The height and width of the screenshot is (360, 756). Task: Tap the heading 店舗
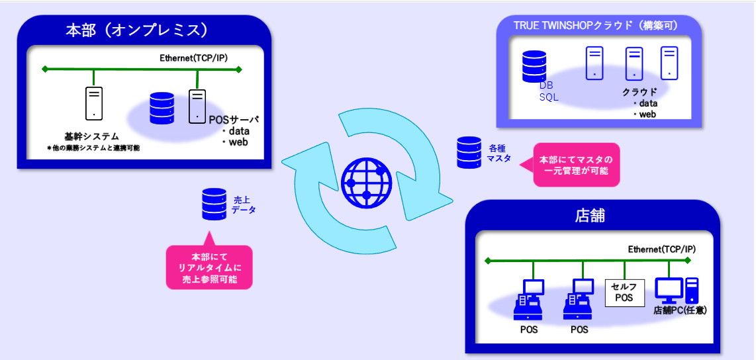(x=591, y=216)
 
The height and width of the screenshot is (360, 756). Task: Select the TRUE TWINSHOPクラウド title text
(x=599, y=25)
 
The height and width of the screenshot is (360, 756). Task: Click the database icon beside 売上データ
(x=214, y=204)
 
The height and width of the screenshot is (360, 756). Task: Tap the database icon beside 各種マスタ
(x=469, y=152)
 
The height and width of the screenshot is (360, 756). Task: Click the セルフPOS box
(x=624, y=292)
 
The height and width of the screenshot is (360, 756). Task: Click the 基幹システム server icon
(x=94, y=103)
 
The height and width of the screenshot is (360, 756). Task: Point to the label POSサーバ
(x=232, y=120)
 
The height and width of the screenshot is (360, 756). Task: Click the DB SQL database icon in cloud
(x=534, y=64)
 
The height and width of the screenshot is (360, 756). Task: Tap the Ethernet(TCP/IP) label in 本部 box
(x=193, y=58)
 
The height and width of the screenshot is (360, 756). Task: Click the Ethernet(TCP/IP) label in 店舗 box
(x=661, y=249)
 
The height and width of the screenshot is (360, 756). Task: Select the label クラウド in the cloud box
(x=639, y=92)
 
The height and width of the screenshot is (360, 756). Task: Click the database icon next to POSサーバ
(x=162, y=107)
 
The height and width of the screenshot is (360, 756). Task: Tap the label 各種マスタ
(x=500, y=153)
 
